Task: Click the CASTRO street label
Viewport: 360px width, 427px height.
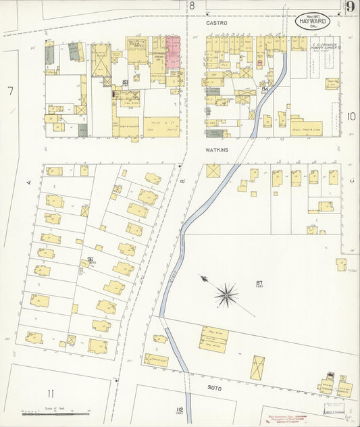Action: point(217,23)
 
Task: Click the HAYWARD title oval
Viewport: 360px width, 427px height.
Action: point(312,20)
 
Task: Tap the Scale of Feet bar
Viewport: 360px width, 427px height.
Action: point(48,411)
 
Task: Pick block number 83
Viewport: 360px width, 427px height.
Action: point(126,82)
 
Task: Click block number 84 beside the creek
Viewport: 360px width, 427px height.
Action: point(265,89)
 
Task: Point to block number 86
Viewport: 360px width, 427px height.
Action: point(89,259)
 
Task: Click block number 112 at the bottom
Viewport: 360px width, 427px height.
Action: point(179,410)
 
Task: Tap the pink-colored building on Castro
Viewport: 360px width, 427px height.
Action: point(174,52)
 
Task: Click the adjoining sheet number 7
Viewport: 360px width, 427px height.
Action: point(11,91)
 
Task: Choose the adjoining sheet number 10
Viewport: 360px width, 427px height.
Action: point(351,116)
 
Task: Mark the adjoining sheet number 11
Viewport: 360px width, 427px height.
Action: point(50,393)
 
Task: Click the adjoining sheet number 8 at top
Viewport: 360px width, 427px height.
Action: point(192,5)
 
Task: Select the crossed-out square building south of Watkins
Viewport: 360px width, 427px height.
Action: point(214,171)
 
